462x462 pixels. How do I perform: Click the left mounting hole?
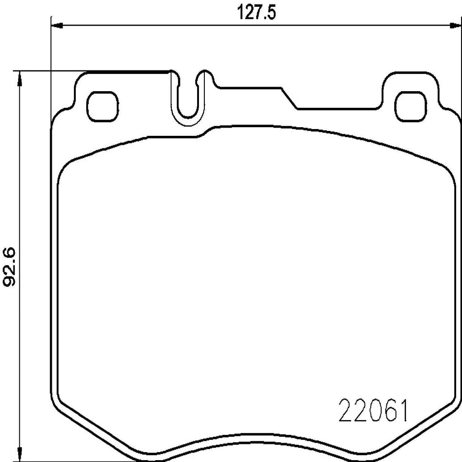click(102, 106)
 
